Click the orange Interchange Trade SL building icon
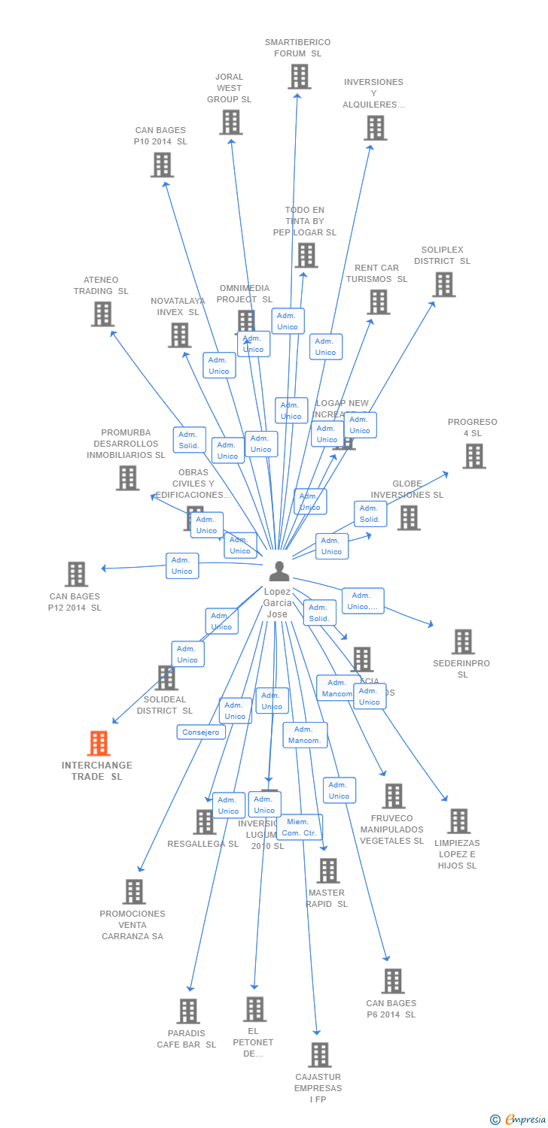coord(99,744)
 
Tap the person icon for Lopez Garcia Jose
coord(279,572)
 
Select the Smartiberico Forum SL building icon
coord(299,77)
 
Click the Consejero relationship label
coord(201,732)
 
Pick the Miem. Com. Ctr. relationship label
coord(300,827)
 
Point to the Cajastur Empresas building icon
coord(319,1054)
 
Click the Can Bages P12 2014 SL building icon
coord(76,575)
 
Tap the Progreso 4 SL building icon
coord(473,456)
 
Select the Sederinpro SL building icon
coord(462,641)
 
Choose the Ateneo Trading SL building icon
coord(102,314)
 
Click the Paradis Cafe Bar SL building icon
coord(187,1011)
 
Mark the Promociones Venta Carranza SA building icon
coord(134,892)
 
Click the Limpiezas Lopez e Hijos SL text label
coord(457,854)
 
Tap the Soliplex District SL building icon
coord(444,284)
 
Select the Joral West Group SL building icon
coord(230,122)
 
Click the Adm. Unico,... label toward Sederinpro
coord(363,601)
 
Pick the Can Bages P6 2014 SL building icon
coord(392,981)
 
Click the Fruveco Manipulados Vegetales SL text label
coord(391,829)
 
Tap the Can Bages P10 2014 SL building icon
coord(162,165)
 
